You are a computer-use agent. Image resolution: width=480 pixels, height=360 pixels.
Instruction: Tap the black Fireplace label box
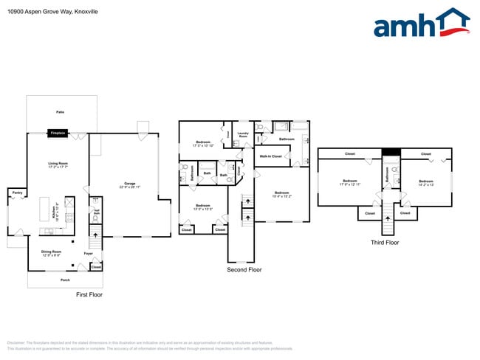click(x=58, y=133)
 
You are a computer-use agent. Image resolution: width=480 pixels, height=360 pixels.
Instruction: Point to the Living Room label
click(x=58, y=165)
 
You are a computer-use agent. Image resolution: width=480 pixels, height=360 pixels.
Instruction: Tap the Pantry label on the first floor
click(x=16, y=193)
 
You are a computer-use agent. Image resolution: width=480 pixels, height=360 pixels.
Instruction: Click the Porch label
click(x=65, y=280)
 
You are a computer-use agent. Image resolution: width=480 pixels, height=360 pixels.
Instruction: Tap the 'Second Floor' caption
click(x=244, y=270)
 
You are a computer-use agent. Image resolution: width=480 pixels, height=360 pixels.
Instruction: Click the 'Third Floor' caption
click(x=384, y=241)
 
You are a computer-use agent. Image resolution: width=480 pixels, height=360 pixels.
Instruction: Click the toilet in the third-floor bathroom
click(x=394, y=169)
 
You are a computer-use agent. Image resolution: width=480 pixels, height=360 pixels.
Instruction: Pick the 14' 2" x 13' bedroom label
click(x=426, y=182)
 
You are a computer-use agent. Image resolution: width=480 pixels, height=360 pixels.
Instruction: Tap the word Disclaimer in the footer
click(x=16, y=342)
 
